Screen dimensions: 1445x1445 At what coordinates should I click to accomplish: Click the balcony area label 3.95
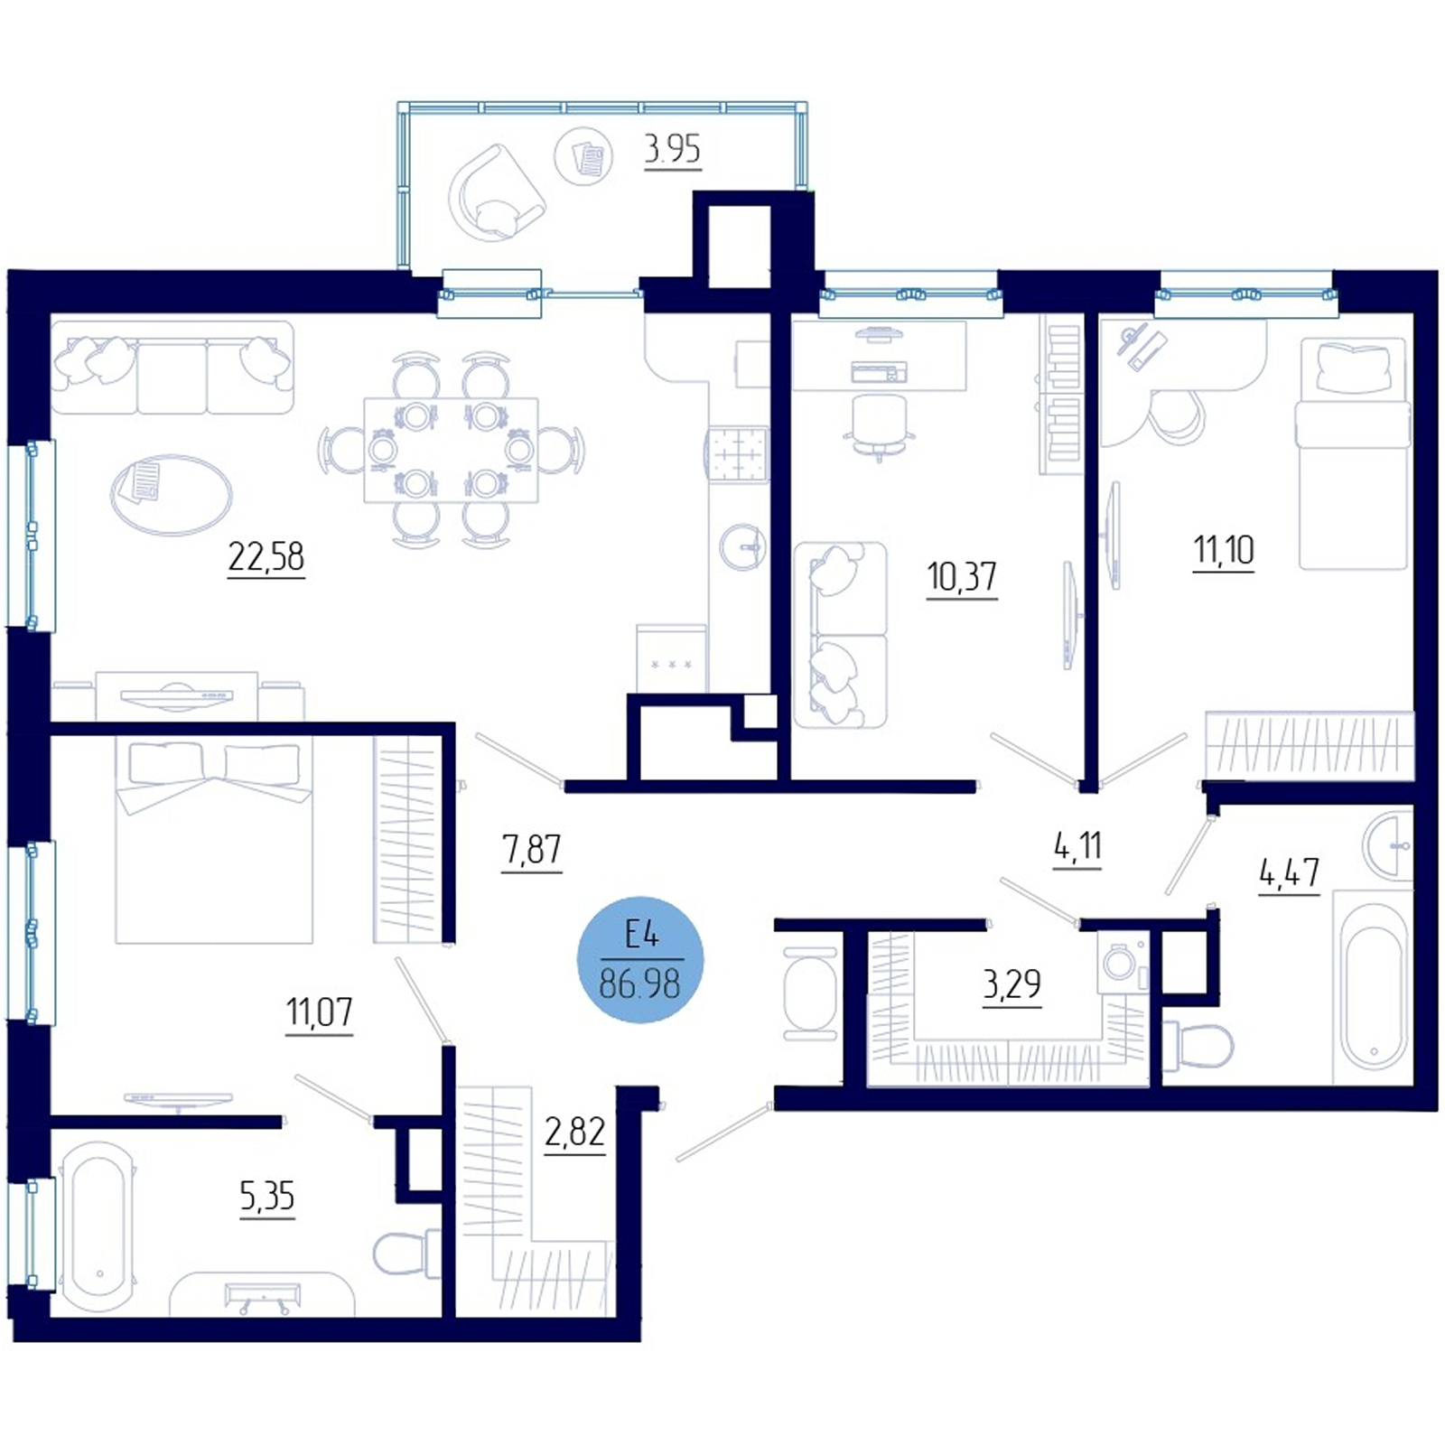click(672, 149)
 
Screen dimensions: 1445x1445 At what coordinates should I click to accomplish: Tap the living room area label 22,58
click(266, 557)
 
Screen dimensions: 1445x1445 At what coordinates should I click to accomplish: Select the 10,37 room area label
click(962, 576)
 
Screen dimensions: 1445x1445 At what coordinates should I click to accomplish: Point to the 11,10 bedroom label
click(1224, 550)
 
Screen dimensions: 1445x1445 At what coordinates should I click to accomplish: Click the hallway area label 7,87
click(531, 850)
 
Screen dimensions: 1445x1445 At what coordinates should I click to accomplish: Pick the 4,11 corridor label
click(1077, 847)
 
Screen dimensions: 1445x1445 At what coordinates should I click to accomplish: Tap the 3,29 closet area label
click(1011, 984)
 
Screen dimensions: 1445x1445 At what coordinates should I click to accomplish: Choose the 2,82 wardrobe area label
click(574, 1132)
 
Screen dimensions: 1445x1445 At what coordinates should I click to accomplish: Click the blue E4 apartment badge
click(640, 959)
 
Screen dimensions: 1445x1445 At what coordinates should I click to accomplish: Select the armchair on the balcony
click(495, 193)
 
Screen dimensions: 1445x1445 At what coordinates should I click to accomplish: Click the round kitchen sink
click(743, 546)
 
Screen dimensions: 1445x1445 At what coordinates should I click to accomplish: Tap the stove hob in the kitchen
click(738, 454)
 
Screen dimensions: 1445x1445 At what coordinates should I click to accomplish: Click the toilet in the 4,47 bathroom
click(1198, 1047)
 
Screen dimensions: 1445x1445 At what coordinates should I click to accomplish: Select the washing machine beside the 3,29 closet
click(1123, 963)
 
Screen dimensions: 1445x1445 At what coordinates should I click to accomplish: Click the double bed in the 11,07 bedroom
click(214, 842)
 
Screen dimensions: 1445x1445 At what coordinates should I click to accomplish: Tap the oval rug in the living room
click(172, 495)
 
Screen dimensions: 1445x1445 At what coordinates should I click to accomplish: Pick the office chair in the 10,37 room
click(879, 427)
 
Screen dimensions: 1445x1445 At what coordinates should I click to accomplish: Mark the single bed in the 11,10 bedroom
click(1352, 453)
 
